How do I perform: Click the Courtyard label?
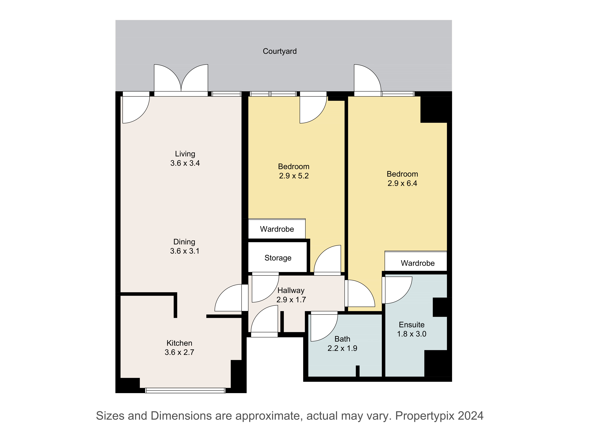tap(280, 51)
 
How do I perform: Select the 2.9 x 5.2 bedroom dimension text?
tap(294, 176)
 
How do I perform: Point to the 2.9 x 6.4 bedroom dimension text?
tap(402, 183)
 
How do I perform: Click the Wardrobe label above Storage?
tap(277, 229)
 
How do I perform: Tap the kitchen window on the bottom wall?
tap(185, 391)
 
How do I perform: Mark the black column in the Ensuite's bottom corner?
tap(438, 363)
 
